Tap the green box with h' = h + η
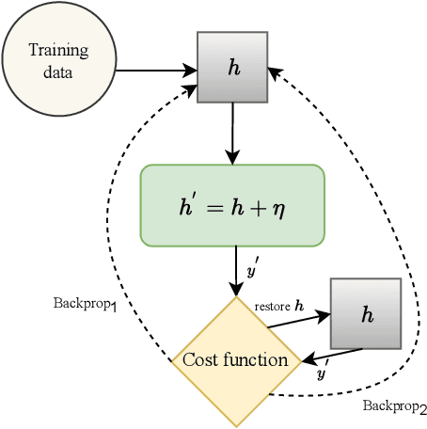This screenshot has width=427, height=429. pos(232,205)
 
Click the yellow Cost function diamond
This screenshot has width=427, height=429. pos(236,360)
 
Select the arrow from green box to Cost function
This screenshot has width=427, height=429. pos(232,270)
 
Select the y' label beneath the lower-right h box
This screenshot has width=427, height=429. pos(322,373)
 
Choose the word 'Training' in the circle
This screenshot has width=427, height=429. pos(53,52)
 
